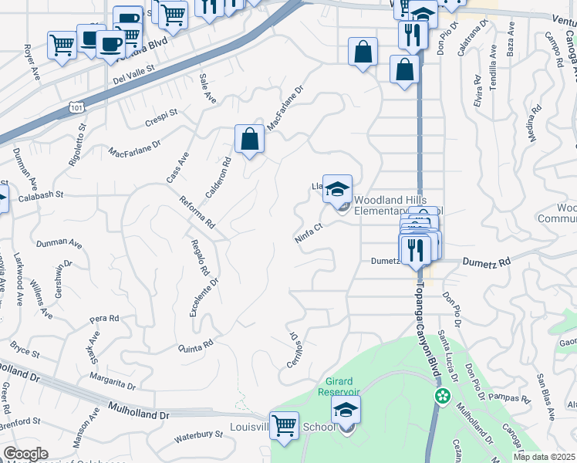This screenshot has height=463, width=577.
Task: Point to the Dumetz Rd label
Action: (487, 262)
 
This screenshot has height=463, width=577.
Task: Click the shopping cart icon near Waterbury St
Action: (285, 425)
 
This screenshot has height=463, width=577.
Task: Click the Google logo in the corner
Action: (25, 454)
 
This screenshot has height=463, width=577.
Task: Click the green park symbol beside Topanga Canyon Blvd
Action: (442, 397)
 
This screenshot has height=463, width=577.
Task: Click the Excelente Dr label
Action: (204, 297)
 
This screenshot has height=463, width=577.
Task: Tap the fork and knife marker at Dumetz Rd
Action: (414, 248)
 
